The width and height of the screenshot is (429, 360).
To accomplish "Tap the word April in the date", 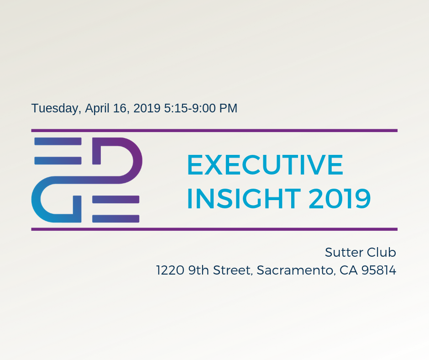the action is coord(97,109).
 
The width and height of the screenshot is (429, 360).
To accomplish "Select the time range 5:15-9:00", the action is coord(190,108).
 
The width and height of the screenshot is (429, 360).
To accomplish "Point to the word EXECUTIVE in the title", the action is coord(265,164).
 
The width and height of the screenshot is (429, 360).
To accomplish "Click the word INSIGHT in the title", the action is coord(244,198).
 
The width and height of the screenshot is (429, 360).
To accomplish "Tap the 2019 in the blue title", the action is coord(340,198).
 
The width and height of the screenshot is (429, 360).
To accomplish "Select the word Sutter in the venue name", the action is coord(344,252).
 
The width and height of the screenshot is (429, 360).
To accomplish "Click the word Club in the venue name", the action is coord(382,252).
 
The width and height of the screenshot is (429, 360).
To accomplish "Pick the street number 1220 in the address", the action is coord(170,270).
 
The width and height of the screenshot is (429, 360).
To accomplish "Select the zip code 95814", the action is coord(379,270).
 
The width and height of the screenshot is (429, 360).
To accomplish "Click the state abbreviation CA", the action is coord(348,270).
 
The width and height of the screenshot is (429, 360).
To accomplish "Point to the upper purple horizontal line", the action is coord(214,130).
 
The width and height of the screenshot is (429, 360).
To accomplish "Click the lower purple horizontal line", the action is coord(214,229).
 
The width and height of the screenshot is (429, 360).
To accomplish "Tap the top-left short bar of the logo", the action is coord(58,141).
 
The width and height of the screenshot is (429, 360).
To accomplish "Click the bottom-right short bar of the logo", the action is coord(116,219).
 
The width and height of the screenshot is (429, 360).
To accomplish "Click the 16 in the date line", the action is coord(120,108).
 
